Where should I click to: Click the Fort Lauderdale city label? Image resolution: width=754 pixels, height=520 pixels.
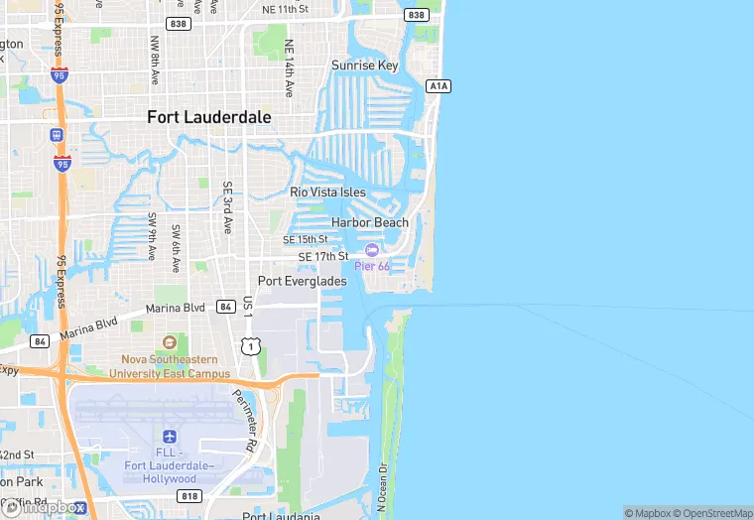(208, 117)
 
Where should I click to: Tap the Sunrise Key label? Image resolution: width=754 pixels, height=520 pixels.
(364, 65)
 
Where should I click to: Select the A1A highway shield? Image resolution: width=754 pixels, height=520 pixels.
(439, 86)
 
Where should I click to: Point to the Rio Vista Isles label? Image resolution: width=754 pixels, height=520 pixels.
(327, 193)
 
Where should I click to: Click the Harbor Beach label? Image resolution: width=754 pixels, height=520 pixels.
(370, 223)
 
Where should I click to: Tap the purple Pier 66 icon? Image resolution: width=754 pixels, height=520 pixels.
(372, 250)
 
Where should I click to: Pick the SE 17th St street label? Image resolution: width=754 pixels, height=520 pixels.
(323, 257)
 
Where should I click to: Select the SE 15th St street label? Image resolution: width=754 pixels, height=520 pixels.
(305, 240)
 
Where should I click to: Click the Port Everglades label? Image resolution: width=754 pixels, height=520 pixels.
(303, 281)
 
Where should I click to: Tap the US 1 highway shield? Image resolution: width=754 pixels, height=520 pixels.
(252, 345)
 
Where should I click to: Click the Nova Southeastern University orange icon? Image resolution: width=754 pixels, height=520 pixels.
(169, 342)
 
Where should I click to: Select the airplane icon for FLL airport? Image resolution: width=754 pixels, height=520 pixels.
(170, 437)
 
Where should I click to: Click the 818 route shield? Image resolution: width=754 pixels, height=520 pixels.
(188, 494)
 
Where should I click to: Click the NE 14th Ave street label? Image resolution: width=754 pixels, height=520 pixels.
(289, 67)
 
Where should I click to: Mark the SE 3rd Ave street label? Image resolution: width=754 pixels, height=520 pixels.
(227, 206)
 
